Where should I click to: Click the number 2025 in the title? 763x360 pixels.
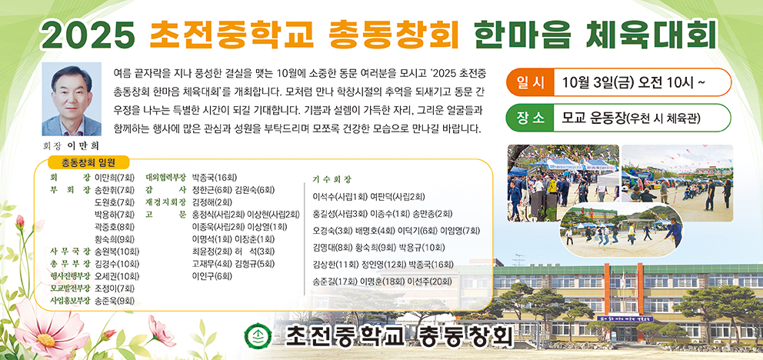click(x=89, y=35)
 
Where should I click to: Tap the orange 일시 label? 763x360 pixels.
click(x=531, y=82)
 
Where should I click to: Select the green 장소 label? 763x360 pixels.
click(x=531, y=118)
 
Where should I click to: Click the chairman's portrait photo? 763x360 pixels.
click(x=72, y=98)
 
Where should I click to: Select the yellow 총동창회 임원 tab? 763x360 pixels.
click(x=88, y=162)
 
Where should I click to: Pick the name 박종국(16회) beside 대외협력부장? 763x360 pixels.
click(x=215, y=177)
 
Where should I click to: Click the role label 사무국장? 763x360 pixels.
click(x=71, y=252)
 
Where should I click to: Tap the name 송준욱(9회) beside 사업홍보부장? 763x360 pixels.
click(x=115, y=300)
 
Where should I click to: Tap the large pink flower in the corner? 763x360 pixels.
click(x=45, y=334)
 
